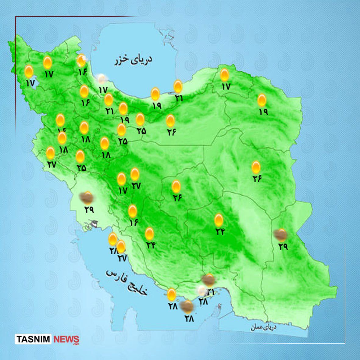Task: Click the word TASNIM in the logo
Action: [x=34, y=339]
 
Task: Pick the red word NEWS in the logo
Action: [x=66, y=339]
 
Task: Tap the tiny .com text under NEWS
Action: [x=76, y=344]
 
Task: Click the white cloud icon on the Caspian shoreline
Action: [x=101, y=79]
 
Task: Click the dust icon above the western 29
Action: [x=87, y=198]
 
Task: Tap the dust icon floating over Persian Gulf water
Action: [x=187, y=306]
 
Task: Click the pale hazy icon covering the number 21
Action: [x=201, y=290]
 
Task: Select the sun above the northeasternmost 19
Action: [x=262, y=100]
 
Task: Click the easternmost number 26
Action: [x=257, y=179]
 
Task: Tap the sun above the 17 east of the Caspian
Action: [x=224, y=75]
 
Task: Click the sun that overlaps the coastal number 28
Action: [x=113, y=239]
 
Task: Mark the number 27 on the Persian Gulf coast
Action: [x=122, y=258]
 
